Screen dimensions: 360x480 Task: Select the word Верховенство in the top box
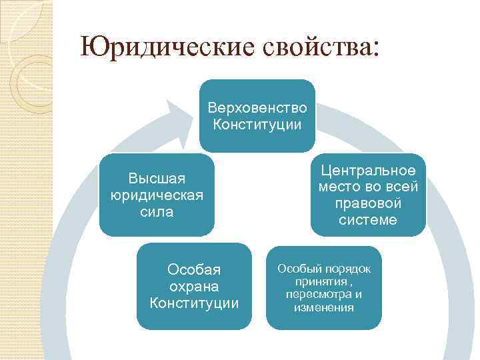tap(257, 107)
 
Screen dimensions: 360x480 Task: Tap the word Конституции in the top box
tap(257, 124)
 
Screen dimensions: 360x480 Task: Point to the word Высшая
tap(157, 178)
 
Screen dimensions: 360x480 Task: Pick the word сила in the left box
tap(157, 212)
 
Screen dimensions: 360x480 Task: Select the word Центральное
tap(368, 171)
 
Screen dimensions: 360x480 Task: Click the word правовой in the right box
tap(368, 203)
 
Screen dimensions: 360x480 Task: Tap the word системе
tap(368, 220)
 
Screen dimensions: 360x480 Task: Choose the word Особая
tap(194, 270)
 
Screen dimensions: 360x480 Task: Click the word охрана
tap(194, 287)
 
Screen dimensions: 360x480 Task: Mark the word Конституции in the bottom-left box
tap(194, 303)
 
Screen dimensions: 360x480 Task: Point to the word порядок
tap(347, 268)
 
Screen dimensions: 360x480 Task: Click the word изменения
tap(324, 307)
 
